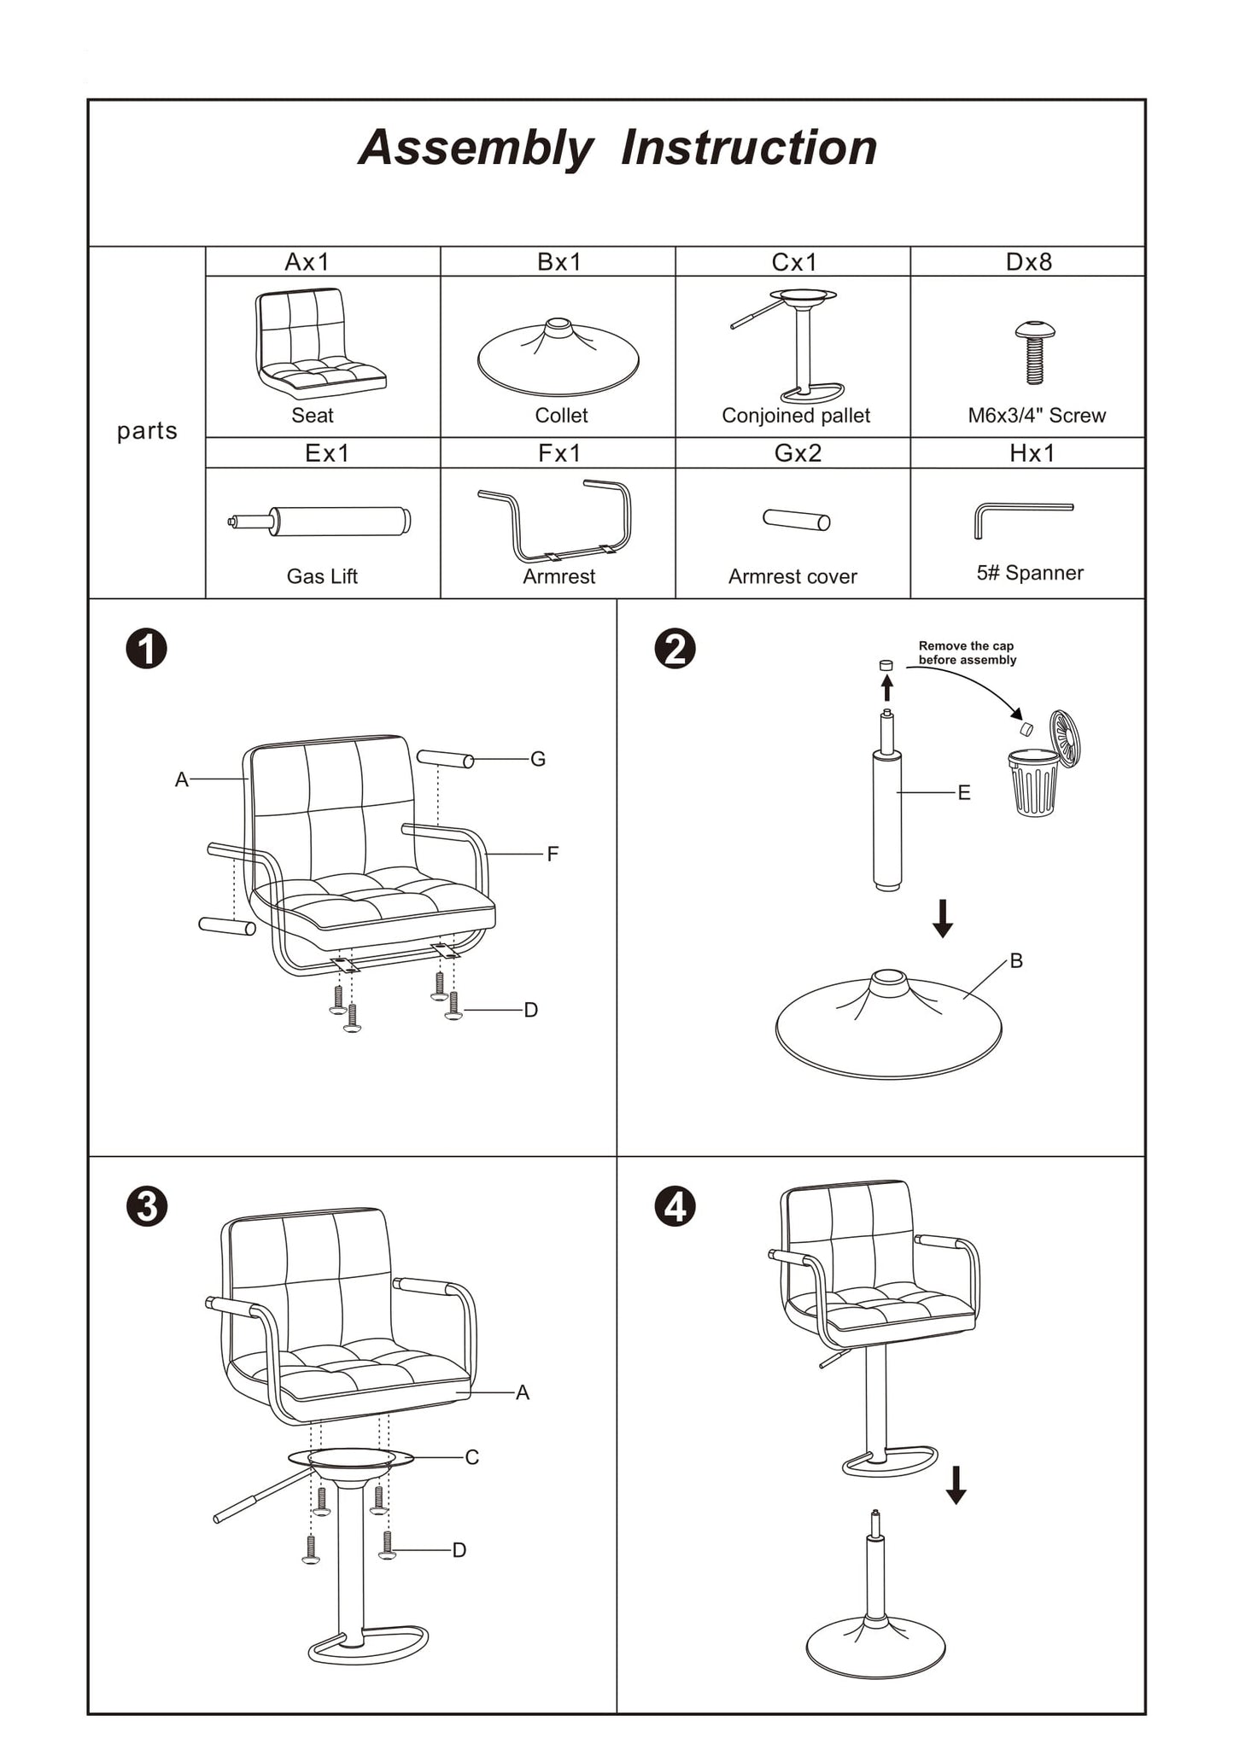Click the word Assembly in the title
point(476,149)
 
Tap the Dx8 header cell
point(1028,262)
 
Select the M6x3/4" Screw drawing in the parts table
point(1034,352)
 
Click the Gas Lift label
point(322,577)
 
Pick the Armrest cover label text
point(792,577)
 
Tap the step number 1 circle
point(147,650)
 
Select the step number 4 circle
point(675,1208)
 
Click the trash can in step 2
point(1035,781)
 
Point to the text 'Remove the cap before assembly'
point(967,653)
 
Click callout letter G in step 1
point(538,759)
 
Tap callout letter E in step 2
point(964,793)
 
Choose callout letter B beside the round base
point(1016,961)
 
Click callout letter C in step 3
point(472,1457)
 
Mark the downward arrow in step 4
point(956,1485)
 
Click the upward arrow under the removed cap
point(887,687)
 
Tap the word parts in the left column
point(147,431)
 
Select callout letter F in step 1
point(553,854)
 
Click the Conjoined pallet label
point(796,416)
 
